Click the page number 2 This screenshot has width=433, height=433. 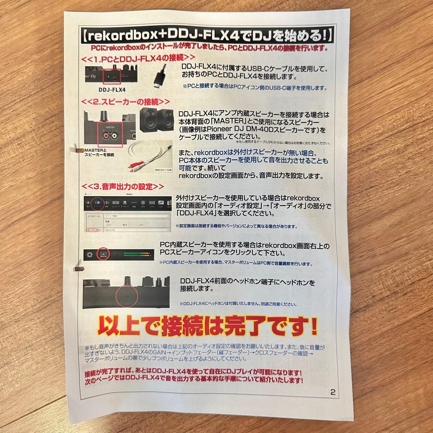click(x=333, y=392)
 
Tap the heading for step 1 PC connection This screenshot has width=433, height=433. click(x=138, y=58)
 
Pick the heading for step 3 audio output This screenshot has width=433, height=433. click(x=123, y=187)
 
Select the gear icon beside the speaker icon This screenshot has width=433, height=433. click(x=90, y=254)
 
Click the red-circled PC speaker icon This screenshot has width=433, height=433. click(x=104, y=254)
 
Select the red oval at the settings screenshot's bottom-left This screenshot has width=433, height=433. click(x=93, y=231)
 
